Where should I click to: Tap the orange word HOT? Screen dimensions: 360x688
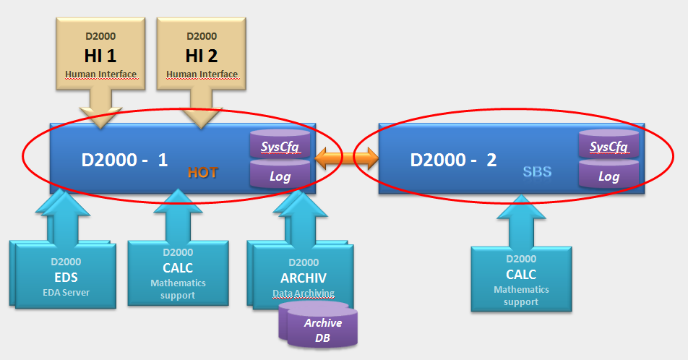coord(202,172)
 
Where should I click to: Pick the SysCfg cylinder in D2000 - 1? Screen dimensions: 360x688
coord(280,147)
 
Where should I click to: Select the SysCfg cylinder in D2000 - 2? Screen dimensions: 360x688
coord(609,147)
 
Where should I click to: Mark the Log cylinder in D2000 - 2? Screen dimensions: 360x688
coord(609,176)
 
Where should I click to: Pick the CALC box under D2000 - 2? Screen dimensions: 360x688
coord(521,278)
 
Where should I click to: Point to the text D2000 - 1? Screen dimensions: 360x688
coord(125,159)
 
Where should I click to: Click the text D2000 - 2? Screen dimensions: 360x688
coord(453,159)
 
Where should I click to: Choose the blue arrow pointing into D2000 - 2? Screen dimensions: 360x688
coord(521,220)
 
